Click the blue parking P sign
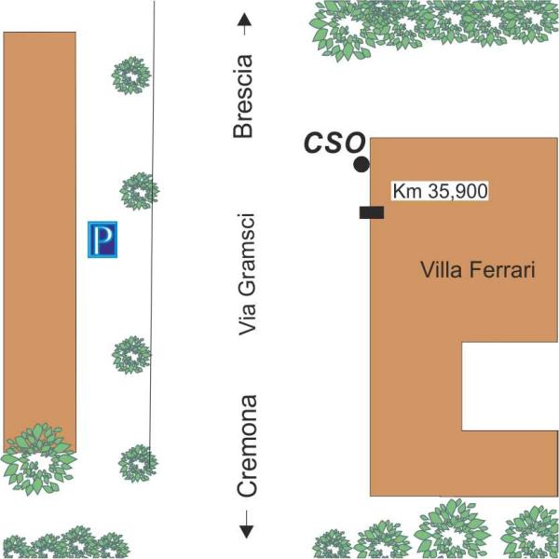(x=102, y=239)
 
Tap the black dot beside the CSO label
(x=361, y=165)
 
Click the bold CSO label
(x=334, y=143)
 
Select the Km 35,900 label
(x=440, y=191)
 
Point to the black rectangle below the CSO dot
(x=372, y=212)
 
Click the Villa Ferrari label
(x=478, y=270)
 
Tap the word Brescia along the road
(x=243, y=96)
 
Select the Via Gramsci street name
(x=247, y=275)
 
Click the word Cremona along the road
(x=247, y=445)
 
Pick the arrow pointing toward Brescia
(x=244, y=24)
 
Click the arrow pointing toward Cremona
(x=246, y=525)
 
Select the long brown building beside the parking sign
(x=39, y=242)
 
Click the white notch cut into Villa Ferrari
(x=510, y=387)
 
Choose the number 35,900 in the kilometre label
(x=457, y=191)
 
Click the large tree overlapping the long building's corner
(x=38, y=459)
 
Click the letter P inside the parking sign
(x=103, y=239)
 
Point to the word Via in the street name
(x=247, y=320)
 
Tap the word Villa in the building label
(x=442, y=270)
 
